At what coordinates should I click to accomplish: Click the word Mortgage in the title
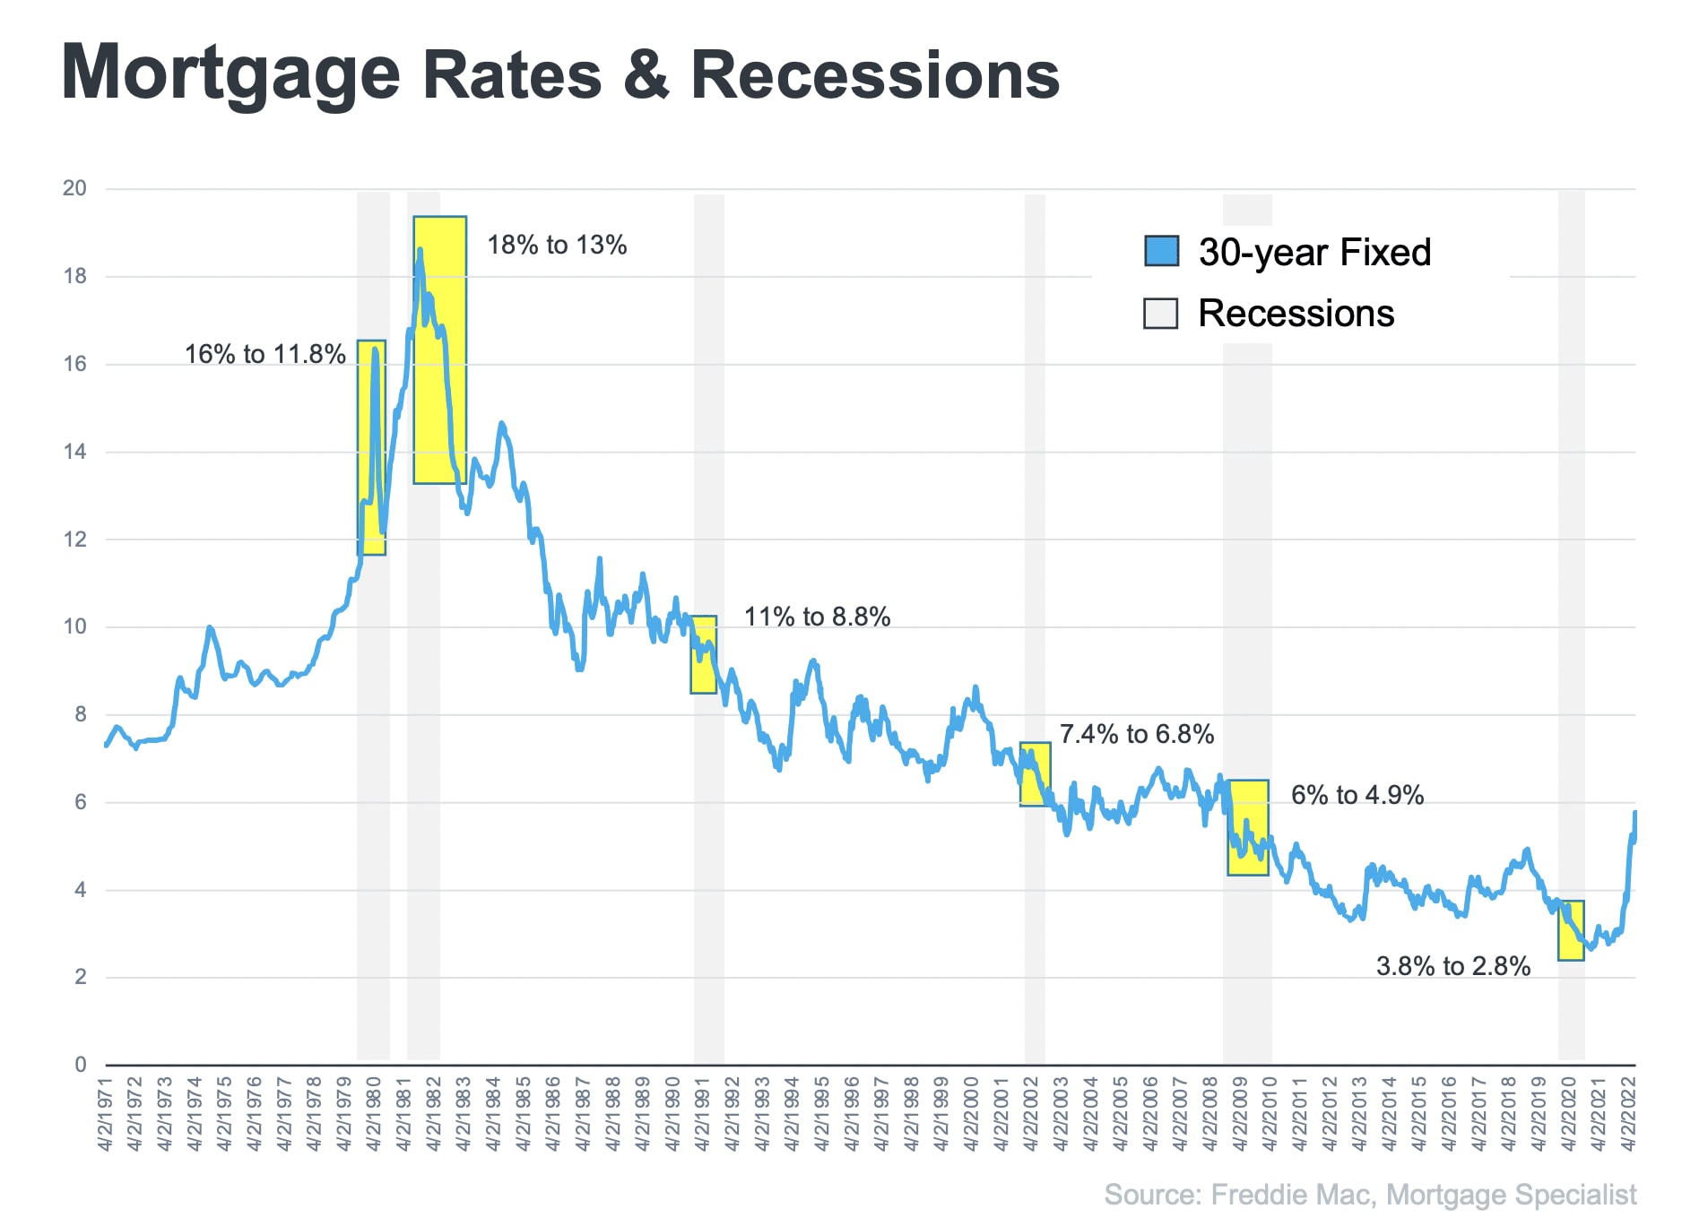tap(230, 75)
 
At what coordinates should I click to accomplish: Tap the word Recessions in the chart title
tap(875, 75)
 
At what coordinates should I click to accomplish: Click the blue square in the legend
tap(1161, 252)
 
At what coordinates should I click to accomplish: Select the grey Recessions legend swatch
tap(1160, 314)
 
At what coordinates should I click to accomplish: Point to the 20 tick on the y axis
tap(74, 188)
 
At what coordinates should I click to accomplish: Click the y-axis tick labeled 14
tap(74, 452)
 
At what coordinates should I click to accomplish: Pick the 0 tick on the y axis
tap(81, 1065)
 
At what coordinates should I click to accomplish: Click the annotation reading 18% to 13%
tap(557, 246)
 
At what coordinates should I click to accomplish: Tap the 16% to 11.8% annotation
tap(264, 355)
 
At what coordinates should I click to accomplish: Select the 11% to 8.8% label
tap(817, 617)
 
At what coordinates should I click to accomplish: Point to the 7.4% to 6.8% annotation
tap(1136, 735)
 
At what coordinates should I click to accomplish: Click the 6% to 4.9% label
tap(1357, 796)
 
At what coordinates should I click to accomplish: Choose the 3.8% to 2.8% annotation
tap(1452, 967)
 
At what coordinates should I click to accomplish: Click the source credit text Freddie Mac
tap(1290, 1196)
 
